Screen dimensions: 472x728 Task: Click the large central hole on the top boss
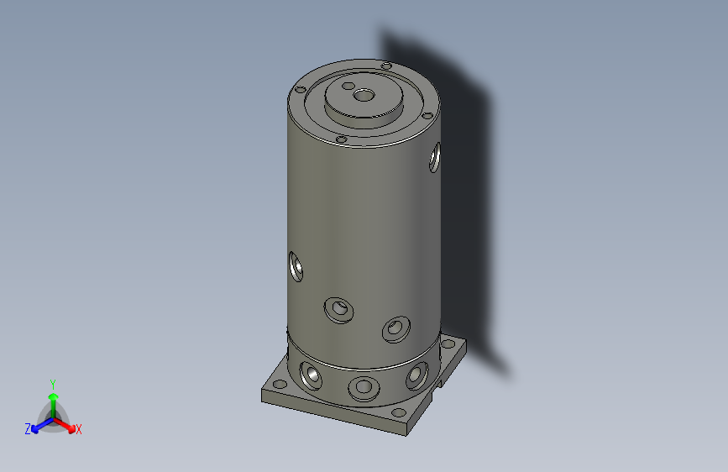point(364,95)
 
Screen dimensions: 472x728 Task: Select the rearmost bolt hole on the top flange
point(385,66)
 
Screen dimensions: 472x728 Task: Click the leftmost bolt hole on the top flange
point(299,88)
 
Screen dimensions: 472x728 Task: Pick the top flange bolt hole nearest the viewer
point(341,139)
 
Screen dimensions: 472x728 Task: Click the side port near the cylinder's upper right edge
point(435,157)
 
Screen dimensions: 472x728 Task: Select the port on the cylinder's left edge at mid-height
point(296,266)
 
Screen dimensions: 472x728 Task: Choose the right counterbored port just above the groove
point(395,328)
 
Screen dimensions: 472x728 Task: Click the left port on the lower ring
point(311,375)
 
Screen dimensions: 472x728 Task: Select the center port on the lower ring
point(364,387)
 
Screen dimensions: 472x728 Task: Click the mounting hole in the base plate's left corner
point(279,384)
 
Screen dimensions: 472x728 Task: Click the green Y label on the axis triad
point(52,381)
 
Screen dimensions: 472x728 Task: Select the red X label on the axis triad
point(79,430)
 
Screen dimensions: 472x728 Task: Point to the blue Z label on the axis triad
point(27,429)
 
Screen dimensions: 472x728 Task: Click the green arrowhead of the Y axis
point(52,395)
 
